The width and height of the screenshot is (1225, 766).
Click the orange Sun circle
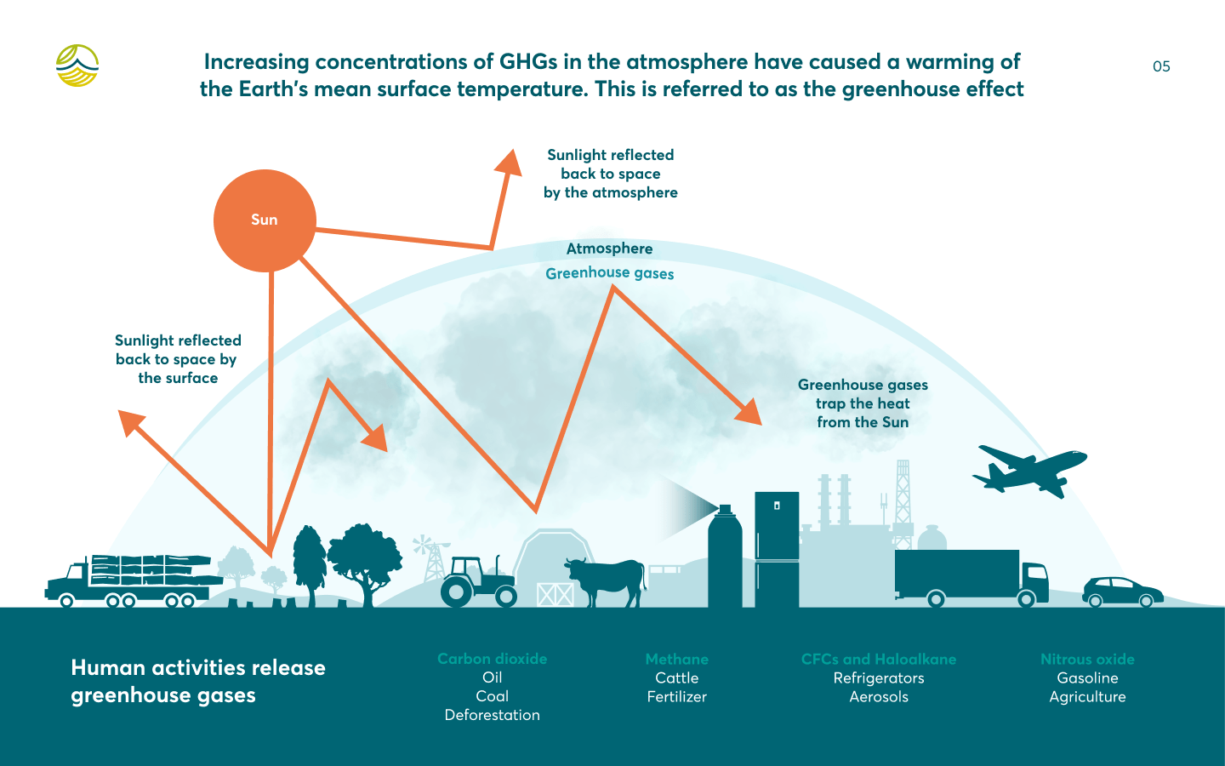tap(265, 220)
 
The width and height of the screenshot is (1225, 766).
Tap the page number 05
tap(1161, 66)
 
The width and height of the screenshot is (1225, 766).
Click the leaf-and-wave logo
tap(77, 66)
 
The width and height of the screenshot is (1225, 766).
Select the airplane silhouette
tap(1029, 471)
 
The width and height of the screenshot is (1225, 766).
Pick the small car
tap(1122, 592)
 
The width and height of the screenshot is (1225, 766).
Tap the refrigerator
tap(777, 549)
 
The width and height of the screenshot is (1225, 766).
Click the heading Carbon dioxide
tap(493, 659)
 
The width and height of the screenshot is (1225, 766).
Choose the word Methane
tap(677, 660)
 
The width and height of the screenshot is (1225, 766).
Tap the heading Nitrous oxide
tap(1087, 660)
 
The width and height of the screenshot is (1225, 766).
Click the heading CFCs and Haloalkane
tap(879, 660)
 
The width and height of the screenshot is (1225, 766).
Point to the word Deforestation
tap(493, 715)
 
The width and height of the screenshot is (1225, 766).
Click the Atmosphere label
tap(609, 249)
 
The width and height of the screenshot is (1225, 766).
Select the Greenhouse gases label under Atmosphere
tap(610, 273)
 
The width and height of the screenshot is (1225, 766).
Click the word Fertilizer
tap(677, 696)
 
